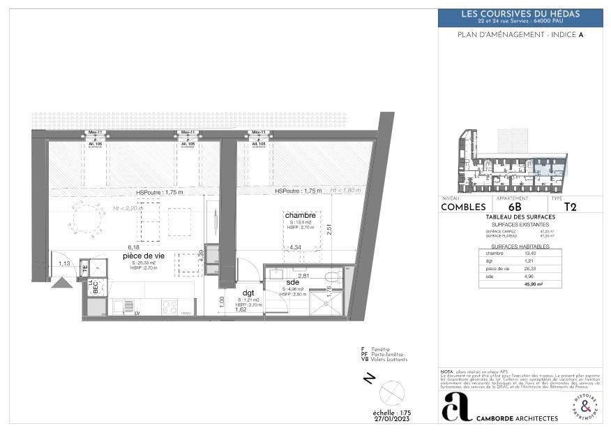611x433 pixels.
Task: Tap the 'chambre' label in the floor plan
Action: pyautogui.click(x=299, y=215)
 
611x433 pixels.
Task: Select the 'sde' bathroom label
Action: pyautogui.click(x=293, y=281)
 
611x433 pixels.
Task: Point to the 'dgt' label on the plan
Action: pyautogui.click(x=248, y=293)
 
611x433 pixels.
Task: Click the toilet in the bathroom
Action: pyautogui.click(x=332, y=277)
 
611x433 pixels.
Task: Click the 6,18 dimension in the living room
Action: pyautogui.click(x=133, y=247)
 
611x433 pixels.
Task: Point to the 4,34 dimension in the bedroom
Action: pyautogui.click(x=295, y=247)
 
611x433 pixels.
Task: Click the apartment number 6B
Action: pyautogui.click(x=515, y=207)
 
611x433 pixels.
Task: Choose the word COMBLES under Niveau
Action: pyautogui.click(x=463, y=207)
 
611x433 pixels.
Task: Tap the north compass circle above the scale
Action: pyautogui.click(x=393, y=390)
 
